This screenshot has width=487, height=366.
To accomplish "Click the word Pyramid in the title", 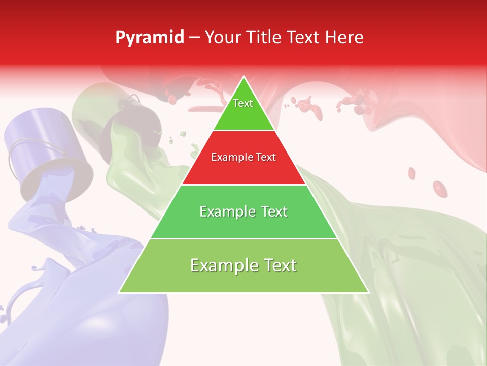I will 149,38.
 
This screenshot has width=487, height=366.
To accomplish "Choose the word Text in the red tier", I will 266,157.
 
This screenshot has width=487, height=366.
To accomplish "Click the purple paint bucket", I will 48,152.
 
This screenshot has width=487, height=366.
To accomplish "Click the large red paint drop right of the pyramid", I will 440,189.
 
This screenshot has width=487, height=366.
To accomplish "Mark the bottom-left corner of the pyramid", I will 120,292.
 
